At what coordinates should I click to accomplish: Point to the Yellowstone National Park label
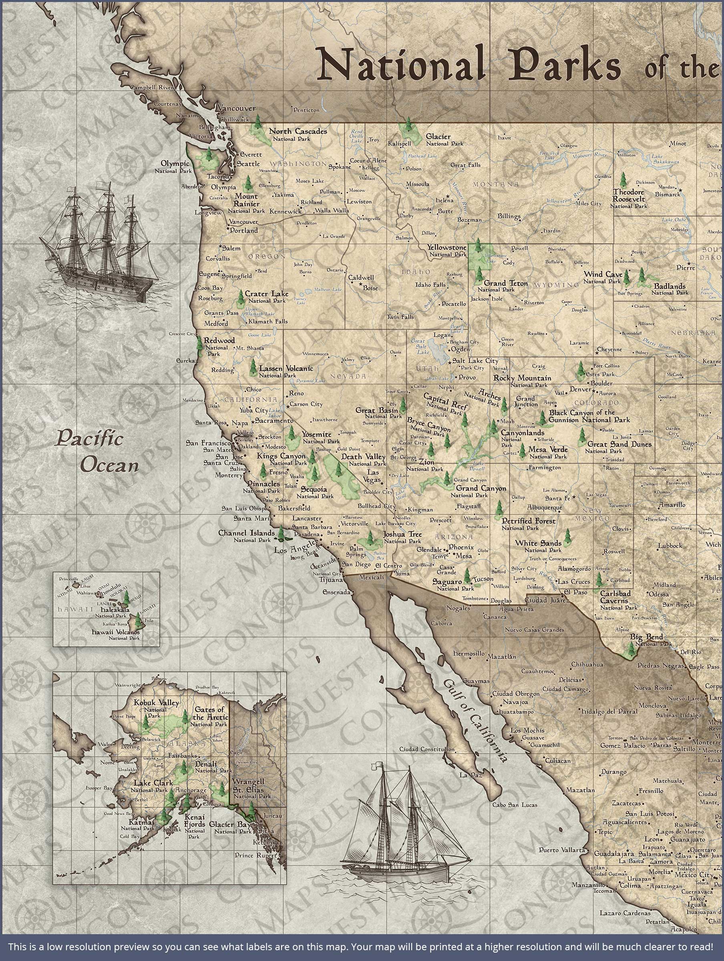447,250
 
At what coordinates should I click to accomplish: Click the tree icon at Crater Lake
240,298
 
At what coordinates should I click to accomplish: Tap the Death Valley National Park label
363,460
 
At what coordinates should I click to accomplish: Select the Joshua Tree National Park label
402,537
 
